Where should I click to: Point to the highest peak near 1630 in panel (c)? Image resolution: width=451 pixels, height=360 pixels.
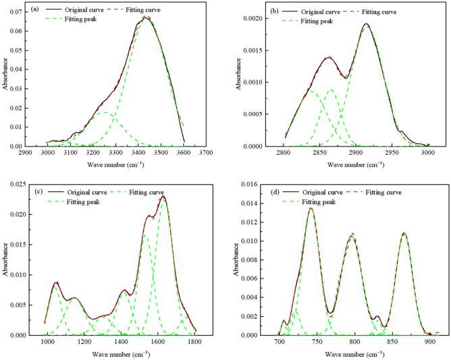[163, 197]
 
